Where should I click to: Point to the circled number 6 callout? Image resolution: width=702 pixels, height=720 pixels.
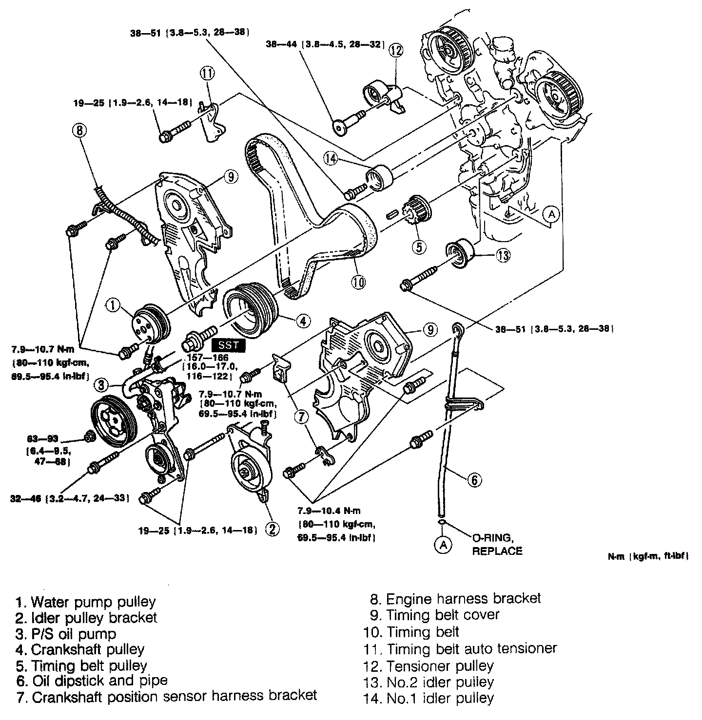pos(474,480)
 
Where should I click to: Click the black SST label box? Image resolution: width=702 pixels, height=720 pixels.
pos(229,345)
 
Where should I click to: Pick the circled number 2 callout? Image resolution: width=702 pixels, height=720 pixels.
pos(273,529)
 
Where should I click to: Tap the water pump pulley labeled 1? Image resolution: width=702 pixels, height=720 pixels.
pos(151,323)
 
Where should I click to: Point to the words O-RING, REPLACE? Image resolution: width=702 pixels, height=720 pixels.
pos(497,544)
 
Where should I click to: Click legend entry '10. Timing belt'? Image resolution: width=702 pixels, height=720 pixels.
pos(411,632)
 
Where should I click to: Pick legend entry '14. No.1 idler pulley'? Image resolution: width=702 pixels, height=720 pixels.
pos(429,698)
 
